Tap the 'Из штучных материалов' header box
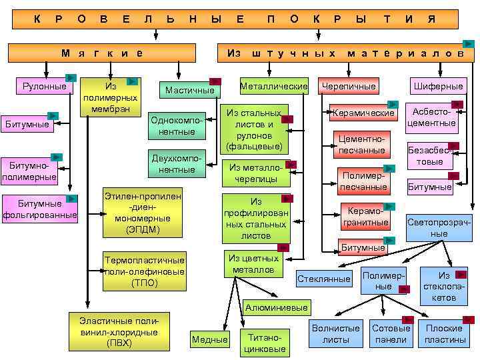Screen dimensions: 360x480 click(x=344, y=53)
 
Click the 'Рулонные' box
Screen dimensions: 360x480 click(x=44, y=86)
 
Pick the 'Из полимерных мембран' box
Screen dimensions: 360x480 click(x=111, y=97)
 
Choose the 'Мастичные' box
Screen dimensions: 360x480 click(x=190, y=90)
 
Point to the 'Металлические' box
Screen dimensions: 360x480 click(x=273, y=86)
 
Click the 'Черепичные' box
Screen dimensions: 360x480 click(x=348, y=86)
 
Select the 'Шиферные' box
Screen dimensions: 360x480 click(x=438, y=86)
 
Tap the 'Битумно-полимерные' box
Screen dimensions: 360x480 click(x=29, y=171)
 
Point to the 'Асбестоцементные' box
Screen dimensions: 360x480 click(x=431, y=117)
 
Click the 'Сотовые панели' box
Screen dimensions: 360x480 click(x=391, y=333)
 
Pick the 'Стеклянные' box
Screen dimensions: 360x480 click(x=324, y=278)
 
